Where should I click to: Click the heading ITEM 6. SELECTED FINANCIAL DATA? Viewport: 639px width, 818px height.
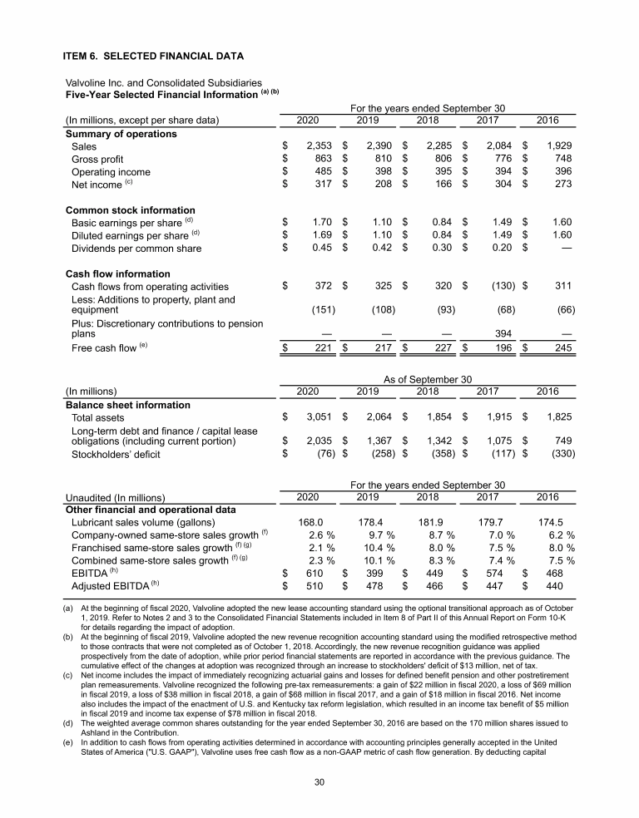click(154, 57)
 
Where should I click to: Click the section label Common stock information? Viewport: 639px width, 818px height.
click(130, 210)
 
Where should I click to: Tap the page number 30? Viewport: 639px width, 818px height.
click(319, 782)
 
